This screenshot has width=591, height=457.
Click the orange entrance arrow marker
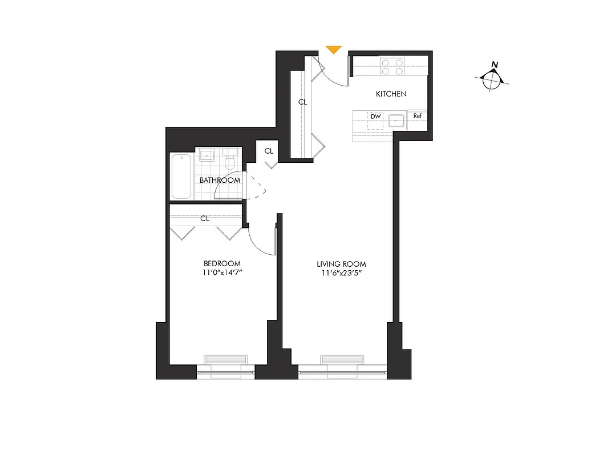(333, 50)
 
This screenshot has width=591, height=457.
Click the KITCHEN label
(391, 94)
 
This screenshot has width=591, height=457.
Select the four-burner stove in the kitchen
(392, 67)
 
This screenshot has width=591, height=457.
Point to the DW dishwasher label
(375, 117)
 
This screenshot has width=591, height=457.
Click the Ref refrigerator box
(418, 117)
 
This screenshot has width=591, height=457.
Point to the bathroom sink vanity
(206, 156)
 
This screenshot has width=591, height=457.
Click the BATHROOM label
(220, 181)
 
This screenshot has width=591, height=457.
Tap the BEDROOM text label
(222, 263)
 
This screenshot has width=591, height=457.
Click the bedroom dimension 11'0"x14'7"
(222, 273)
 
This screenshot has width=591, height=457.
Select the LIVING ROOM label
(341, 264)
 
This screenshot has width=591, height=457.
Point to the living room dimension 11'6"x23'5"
(341, 274)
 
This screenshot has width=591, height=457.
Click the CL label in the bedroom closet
(205, 218)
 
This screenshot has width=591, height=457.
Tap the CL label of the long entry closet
(302, 102)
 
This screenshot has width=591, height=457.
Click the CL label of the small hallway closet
(269, 151)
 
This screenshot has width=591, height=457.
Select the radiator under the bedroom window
(226, 359)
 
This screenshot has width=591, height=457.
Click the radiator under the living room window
(342, 359)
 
